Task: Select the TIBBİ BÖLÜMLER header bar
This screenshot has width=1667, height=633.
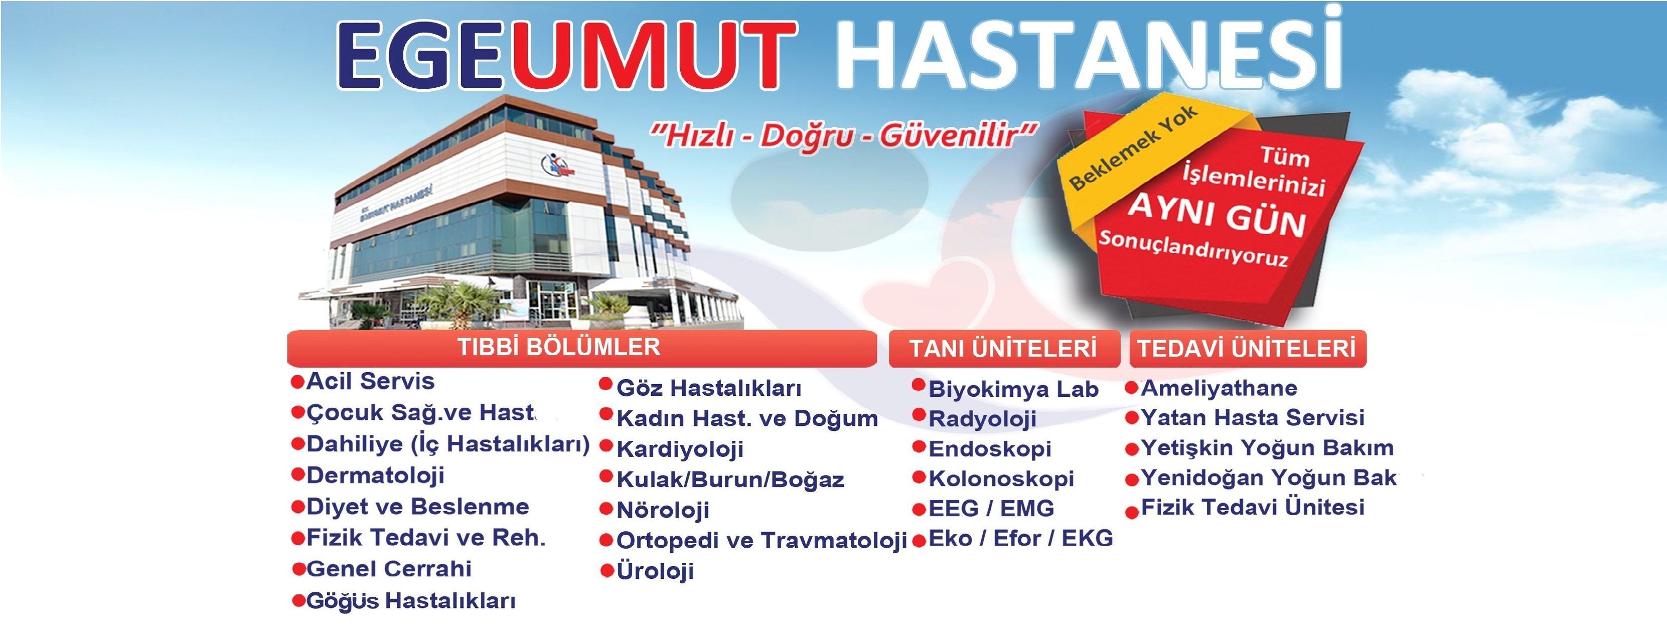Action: click(x=582, y=348)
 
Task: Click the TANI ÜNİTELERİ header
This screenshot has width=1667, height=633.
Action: click(x=1004, y=349)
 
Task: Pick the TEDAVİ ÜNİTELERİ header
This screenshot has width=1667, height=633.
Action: click(x=1248, y=349)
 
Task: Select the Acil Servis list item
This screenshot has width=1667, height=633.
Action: click(x=370, y=381)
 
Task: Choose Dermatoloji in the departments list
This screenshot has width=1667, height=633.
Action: click(x=375, y=476)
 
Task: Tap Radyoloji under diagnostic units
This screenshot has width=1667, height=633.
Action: click(x=982, y=419)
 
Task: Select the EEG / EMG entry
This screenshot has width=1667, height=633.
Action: click(x=991, y=509)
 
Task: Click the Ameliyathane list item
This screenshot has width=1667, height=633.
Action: click(x=1219, y=388)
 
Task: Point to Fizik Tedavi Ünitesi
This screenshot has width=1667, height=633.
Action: click(x=1253, y=508)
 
